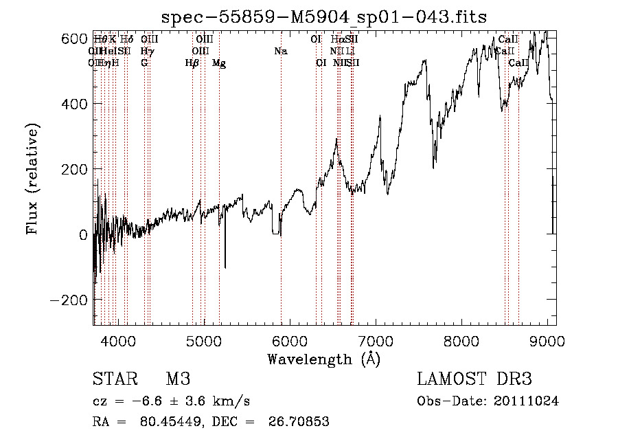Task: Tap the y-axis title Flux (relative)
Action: (33, 179)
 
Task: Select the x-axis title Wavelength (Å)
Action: (323, 359)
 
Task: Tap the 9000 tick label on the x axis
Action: (547, 341)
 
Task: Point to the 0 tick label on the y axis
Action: (82, 235)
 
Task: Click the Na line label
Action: (280, 52)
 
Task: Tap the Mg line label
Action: (218, 63)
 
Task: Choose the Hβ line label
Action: (192, 63)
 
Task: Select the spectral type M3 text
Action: (178, 379)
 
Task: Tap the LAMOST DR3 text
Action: (474, 379)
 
